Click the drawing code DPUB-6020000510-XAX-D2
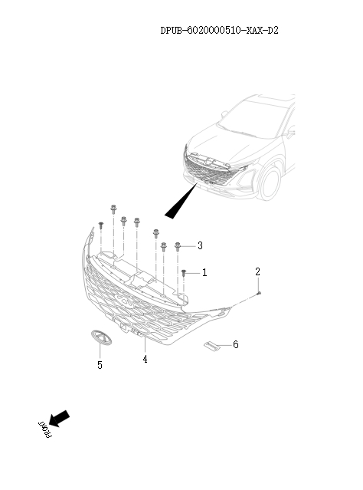pos(219,31)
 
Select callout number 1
pos(204,272)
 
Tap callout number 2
pos(257,271)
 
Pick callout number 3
pos(200,245)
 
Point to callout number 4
pos(146,359)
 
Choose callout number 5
pos(100,365)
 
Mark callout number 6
pos(236,344)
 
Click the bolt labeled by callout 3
pos(178,247)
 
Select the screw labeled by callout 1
pos(184,273)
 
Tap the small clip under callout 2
pos(258,293)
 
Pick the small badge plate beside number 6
pos(211,346)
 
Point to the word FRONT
pos(45,429)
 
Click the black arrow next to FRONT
pos(59,419)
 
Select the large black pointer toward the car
pos(181,201)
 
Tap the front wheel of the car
pos(270,183)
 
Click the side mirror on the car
pos(290,132)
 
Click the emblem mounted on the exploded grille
pos(124,300)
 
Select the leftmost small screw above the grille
pos(100,225)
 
